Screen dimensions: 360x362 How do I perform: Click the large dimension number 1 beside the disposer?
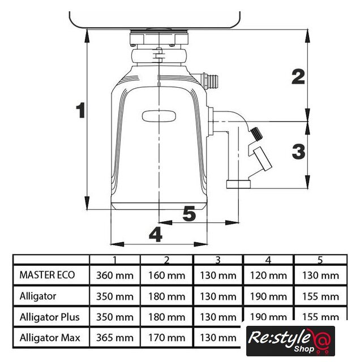pos(80,110)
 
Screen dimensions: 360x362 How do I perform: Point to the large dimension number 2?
pos(298,76)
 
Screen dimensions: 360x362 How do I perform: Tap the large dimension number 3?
pos(298,152)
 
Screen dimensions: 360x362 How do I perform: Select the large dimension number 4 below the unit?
pos(156,234)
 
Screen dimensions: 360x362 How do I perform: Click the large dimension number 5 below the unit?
pos(189,214)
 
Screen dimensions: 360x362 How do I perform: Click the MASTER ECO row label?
pos(47,275)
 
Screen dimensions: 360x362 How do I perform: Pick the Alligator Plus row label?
pos(50,317)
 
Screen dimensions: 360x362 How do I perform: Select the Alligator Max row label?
pos(50,338)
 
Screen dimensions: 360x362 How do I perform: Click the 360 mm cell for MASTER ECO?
pos(115,275)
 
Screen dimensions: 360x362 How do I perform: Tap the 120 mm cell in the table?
pos(268,275)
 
